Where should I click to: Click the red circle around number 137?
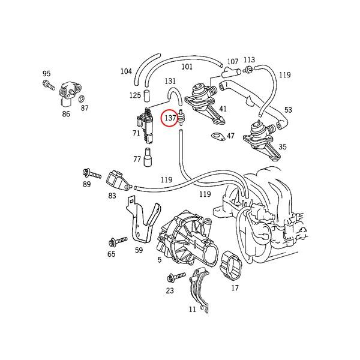click(170, 118)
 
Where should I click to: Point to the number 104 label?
click(125, 71)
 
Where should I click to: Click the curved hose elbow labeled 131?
click(174, 95)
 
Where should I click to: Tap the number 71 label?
click(137, 133)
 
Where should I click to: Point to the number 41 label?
click(223, 109)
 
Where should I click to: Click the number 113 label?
click(249, 60)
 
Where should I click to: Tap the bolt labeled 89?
click(87, 173)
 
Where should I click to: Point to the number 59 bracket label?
click(139, 251)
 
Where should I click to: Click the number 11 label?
click(192, 310)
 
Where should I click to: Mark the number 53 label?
click(289, 110)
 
